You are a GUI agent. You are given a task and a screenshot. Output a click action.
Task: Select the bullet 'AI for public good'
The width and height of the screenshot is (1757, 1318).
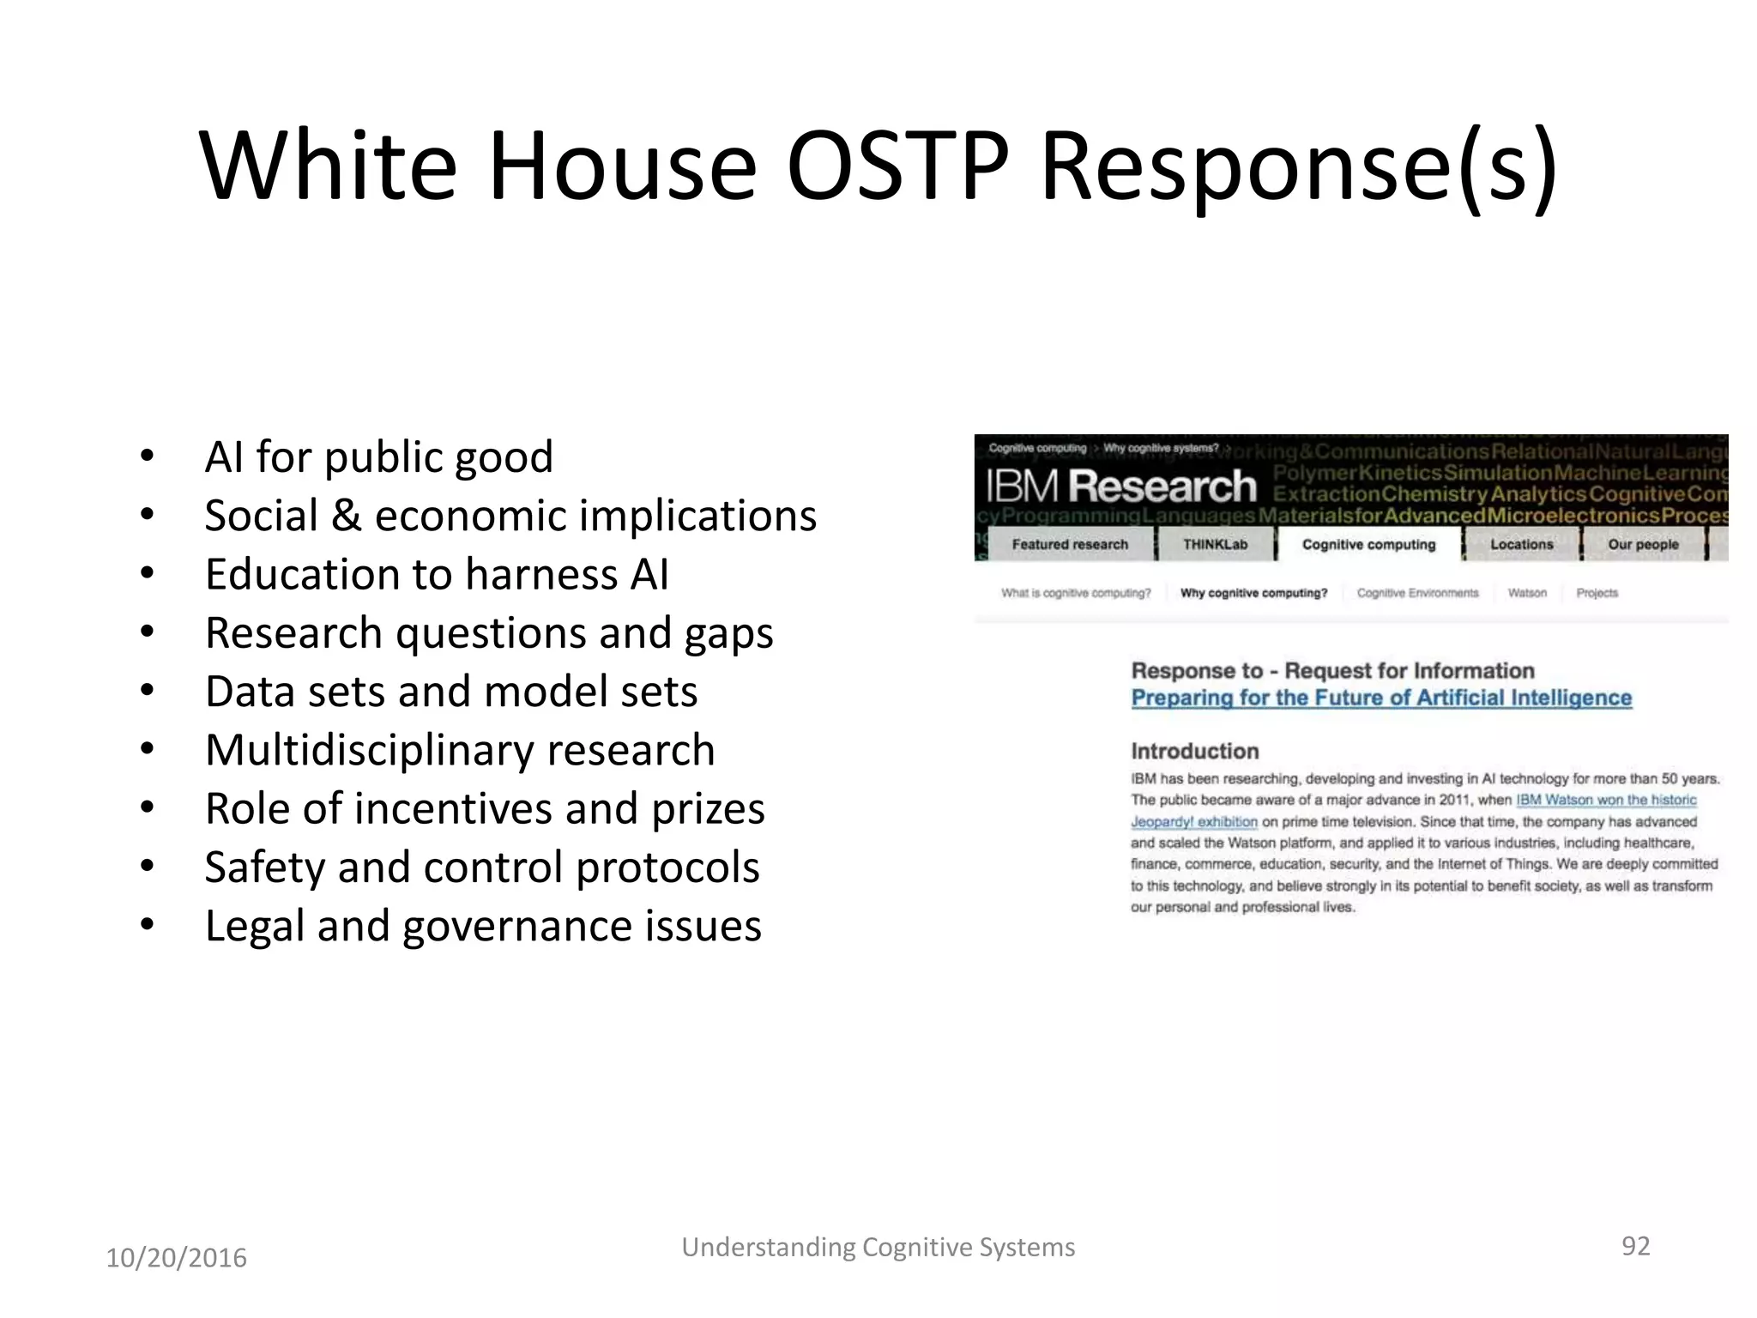coord(378,456)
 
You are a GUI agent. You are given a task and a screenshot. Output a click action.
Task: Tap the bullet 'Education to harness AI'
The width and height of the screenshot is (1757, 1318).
coord(437,574)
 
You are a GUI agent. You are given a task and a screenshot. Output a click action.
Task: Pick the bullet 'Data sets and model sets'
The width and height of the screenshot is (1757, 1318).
coord(451,692)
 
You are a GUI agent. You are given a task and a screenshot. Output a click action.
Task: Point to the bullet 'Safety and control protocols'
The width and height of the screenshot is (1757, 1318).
coord(482,868)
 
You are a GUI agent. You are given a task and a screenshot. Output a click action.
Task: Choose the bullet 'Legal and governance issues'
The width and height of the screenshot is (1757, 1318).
coord(483,926)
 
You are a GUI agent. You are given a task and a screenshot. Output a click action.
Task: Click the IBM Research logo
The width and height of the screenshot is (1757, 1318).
coord(1120,487)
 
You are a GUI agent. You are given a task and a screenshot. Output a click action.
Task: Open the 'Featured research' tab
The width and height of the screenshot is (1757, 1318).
coord(1070,545)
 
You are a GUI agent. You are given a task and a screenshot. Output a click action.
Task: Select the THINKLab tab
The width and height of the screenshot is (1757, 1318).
coord(1215,545)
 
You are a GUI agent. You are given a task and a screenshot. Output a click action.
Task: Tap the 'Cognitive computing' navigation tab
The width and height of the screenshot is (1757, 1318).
coord(1368,545)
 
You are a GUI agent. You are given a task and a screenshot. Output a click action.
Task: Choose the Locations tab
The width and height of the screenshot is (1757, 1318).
coord(1521,545)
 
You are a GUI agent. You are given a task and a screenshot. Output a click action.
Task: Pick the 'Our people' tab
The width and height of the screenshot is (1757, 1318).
coord(1643,545)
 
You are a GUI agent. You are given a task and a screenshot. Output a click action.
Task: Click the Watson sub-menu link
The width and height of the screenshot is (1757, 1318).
coord(1527,593)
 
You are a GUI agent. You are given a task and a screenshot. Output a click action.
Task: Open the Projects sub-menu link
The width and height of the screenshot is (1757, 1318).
coord(1597,593)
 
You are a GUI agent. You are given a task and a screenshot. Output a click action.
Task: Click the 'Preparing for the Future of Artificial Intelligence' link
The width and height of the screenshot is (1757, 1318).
coord(1381,698)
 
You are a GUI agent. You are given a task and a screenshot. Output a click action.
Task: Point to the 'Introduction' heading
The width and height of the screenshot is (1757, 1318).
coord(1194,752)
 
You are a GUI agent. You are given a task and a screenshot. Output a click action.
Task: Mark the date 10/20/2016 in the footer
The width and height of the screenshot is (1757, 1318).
coord(176,1258)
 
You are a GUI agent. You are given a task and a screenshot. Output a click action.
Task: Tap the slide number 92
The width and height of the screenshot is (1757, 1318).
coord(1635,1246)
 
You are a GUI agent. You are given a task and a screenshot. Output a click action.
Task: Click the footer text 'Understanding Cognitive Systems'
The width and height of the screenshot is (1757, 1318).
coord(878,1248)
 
